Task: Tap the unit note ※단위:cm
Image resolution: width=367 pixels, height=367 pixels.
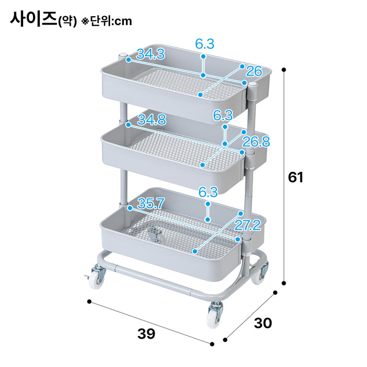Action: point(107,21)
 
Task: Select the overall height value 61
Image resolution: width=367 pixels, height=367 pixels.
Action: point(296,177)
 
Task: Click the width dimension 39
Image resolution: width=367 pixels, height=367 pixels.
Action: point(146,333)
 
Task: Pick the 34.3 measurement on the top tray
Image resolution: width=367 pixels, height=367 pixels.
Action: point(150,53)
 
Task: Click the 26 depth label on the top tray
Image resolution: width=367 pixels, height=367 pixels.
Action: point(254,70)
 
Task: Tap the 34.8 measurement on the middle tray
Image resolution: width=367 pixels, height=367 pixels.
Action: point(152,120)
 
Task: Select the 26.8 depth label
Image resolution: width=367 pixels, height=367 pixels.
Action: point(255,141)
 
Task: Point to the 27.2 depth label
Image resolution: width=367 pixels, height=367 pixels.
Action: point(247,225)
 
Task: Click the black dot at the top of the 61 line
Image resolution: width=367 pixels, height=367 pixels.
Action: point(284,69)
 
